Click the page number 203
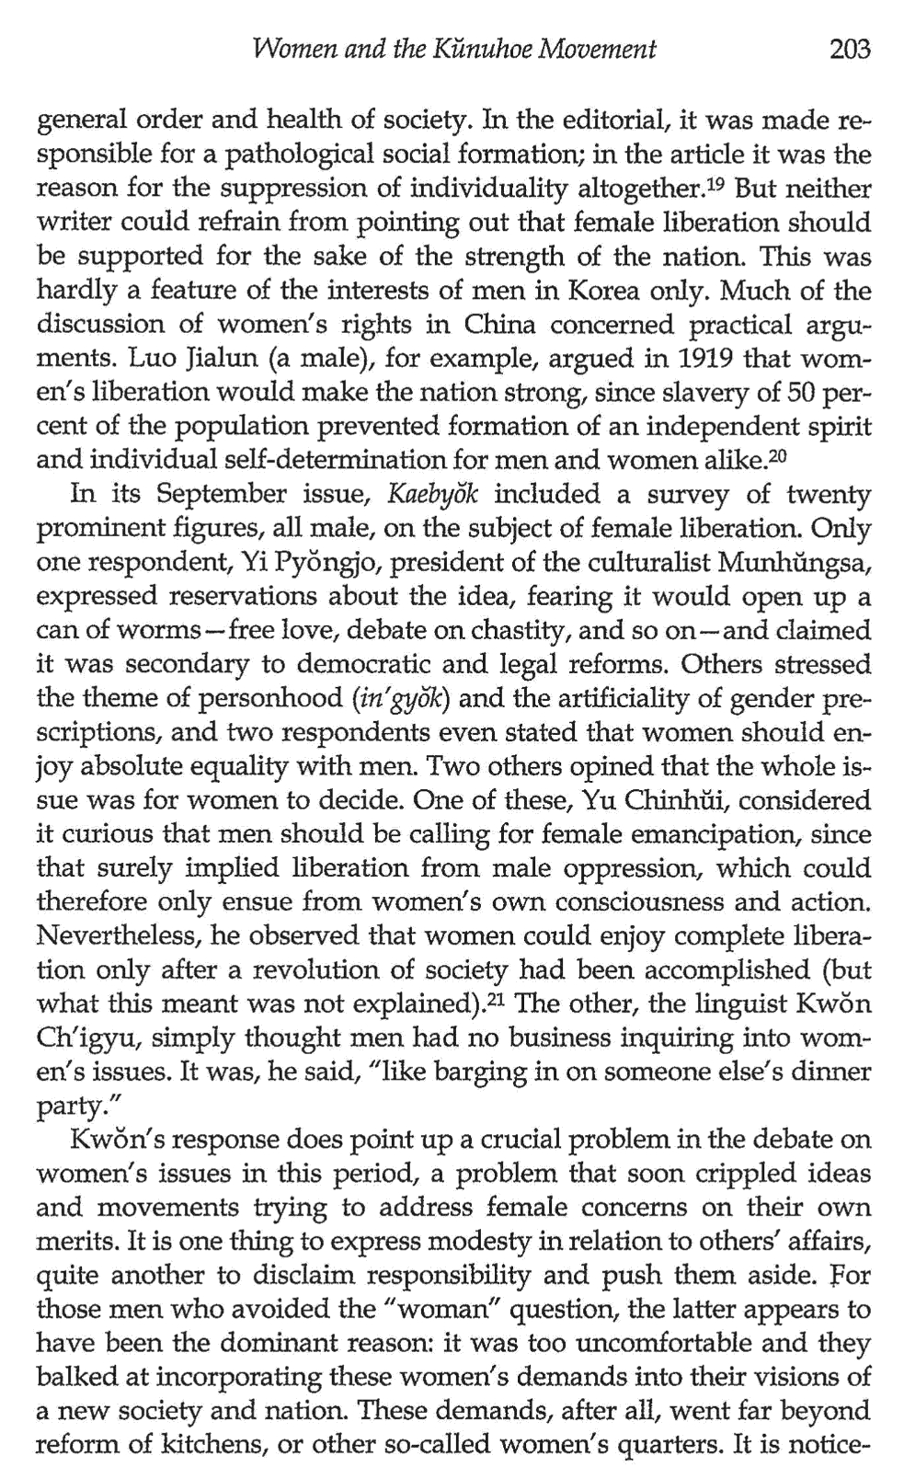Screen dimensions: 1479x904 [848, 48]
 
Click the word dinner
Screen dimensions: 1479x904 [827, 1073]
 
